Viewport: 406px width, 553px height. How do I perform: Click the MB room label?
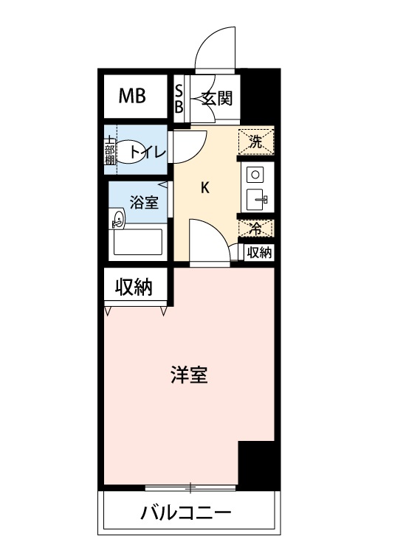(133, 97)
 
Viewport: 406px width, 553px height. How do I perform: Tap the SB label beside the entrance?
(179, 98)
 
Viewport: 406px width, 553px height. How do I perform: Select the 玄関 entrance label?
(218, 98)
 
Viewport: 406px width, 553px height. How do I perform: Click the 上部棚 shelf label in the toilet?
(109, 150)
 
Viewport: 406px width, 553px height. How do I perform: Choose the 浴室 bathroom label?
(144, 204)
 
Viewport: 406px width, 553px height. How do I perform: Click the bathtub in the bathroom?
(137, 241)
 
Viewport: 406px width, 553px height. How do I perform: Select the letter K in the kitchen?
(205, 187)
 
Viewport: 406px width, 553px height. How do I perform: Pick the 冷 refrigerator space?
(255, 229)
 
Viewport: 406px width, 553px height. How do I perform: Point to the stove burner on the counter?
(255, 174)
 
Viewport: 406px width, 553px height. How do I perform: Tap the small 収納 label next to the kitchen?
(259, 252)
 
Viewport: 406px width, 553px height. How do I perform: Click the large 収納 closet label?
(134, 288)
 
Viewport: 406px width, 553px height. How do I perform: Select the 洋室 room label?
(190, 375)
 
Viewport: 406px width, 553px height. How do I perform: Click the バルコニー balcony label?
(186, 512)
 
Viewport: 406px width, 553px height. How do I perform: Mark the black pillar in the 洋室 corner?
(257, 465)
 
